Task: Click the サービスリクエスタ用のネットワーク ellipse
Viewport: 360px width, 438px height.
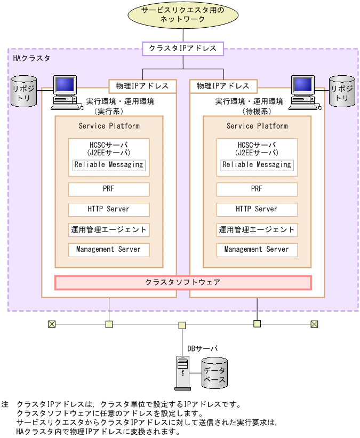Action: pyautogui.click(x=182, y=14)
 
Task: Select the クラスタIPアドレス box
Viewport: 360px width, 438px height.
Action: pyautogui.click(x=182, y=49)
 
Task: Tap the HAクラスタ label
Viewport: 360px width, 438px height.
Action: pyautogui.click(x=31, y=58)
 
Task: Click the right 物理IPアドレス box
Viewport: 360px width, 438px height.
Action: pyautogui.click(x=223, y=85)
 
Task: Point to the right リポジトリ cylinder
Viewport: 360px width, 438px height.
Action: pyautogui.click(x=341, y=90)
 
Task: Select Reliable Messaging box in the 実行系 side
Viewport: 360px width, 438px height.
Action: pyautogui.click(x=109, y=165)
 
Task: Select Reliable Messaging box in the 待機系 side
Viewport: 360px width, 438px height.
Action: pyautogui.click(x=257, y=165)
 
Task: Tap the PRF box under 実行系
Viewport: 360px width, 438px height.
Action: pyautogui.click(x=109, y=189)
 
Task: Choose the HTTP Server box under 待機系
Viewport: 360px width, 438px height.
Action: pyautogui.click(x=257, y=209)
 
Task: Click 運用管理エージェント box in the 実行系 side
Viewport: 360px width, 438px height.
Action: pyautogui.click(x=109, y=229)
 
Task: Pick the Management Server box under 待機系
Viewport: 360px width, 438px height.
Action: pyautogui.click(x=257, y=249)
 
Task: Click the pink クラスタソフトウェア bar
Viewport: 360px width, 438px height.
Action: pyautogui.click(x=183, y=282)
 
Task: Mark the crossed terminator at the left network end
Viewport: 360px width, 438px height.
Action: pyautogui.click(x=52, y=324)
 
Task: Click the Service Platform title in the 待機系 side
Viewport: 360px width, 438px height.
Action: pyautogui.click(x=257, y=126)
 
